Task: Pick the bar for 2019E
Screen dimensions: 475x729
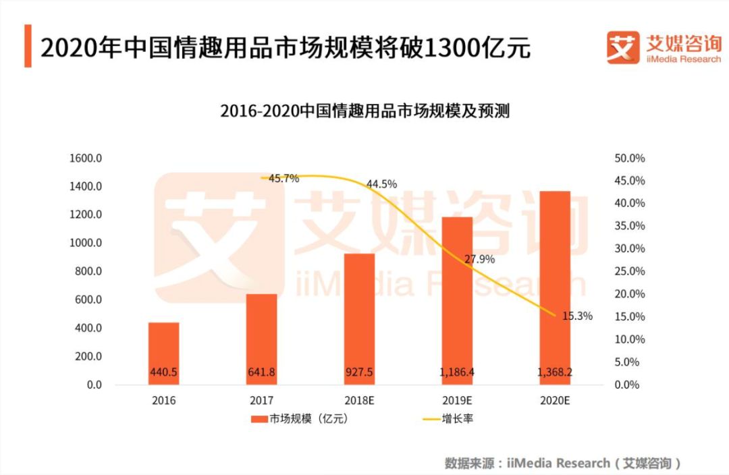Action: point(456,297)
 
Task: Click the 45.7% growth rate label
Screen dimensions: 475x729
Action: point(283,179)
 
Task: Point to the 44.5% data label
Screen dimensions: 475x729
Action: point(381,184)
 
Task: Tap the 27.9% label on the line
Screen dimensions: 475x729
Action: point(479,259)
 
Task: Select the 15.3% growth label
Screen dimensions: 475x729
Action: point(577,316)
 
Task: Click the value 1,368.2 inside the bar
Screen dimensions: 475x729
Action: point(553,372)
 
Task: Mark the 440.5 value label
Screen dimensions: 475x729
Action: point(164,372)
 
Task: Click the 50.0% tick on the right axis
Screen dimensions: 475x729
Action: point(628,159)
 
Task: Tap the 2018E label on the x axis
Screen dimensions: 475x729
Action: point(358,400)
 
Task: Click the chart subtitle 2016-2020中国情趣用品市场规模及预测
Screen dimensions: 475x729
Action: point(364,111)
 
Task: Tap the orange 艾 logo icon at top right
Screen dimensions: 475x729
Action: point(622,47)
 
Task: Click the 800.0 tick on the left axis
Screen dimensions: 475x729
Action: point(87,271)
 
